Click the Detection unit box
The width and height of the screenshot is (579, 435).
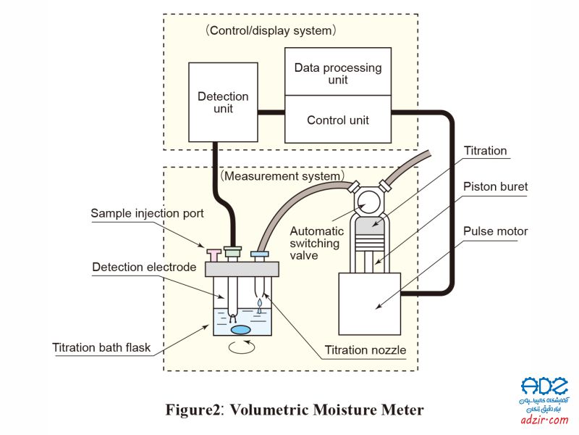(x=223, y=102)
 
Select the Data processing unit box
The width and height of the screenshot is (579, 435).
(x=338, y=71)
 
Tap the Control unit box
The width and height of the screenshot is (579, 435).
(x=338, y=119)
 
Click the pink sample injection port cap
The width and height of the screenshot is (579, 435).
(x=214, y=255)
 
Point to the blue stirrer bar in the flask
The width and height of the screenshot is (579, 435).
(x=240, y=330)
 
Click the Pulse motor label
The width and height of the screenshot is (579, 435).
(x=495, y=231)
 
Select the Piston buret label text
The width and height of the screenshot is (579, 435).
(x=495, y=186)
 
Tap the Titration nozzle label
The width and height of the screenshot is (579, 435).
(x=365, y=350)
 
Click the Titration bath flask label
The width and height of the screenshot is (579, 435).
(x=101, y=348)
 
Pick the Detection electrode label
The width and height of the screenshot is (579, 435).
(x=144, y=267)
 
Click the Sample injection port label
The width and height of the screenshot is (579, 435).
(x=147, y=213)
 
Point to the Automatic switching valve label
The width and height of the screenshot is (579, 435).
(x=316, y=243)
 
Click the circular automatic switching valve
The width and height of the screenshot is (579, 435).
(x=368, y=202)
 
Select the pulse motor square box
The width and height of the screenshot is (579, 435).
(x=370, y=304)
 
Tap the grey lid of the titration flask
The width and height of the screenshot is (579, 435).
(x=242, y=269)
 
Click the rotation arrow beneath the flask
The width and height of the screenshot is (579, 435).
(x=242, y=347)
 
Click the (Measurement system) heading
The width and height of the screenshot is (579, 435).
(x=282, y=175)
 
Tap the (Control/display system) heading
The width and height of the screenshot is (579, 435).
(x=271, y=30)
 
